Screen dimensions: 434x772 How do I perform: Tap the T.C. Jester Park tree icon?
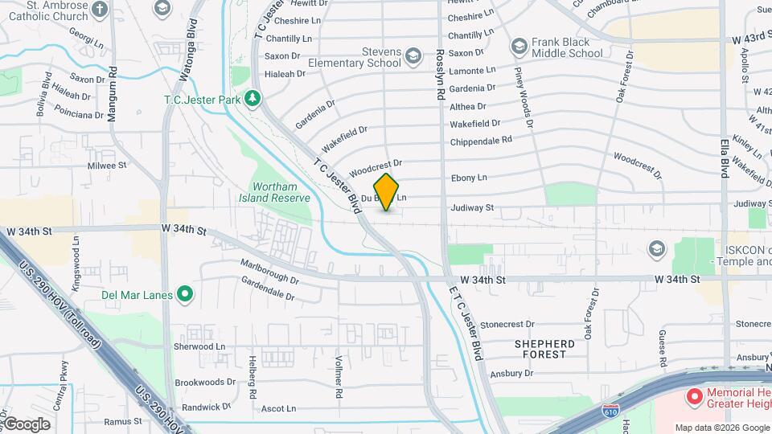click(x=254, y=98)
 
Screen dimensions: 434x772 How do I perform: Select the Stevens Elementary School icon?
click(x=413, y=55)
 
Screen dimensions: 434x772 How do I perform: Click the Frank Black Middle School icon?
click(x=519, y=45)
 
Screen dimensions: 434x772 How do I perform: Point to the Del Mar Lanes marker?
click(x=185, y=294)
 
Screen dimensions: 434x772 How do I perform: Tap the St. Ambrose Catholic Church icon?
click(x=100, y=10)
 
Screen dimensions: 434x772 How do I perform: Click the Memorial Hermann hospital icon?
click(x=693, y=395)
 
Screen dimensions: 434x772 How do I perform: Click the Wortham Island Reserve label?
click(x=274, y=192)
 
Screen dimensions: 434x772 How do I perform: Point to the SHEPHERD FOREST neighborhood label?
click(x=544, y=349)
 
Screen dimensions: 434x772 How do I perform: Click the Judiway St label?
click(x=471, y=207)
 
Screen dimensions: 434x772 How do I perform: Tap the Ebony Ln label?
click(x=469, y=178)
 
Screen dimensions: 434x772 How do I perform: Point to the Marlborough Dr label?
click(x=270, y=272)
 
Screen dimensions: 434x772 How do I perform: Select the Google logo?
click(x=27, y=424)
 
